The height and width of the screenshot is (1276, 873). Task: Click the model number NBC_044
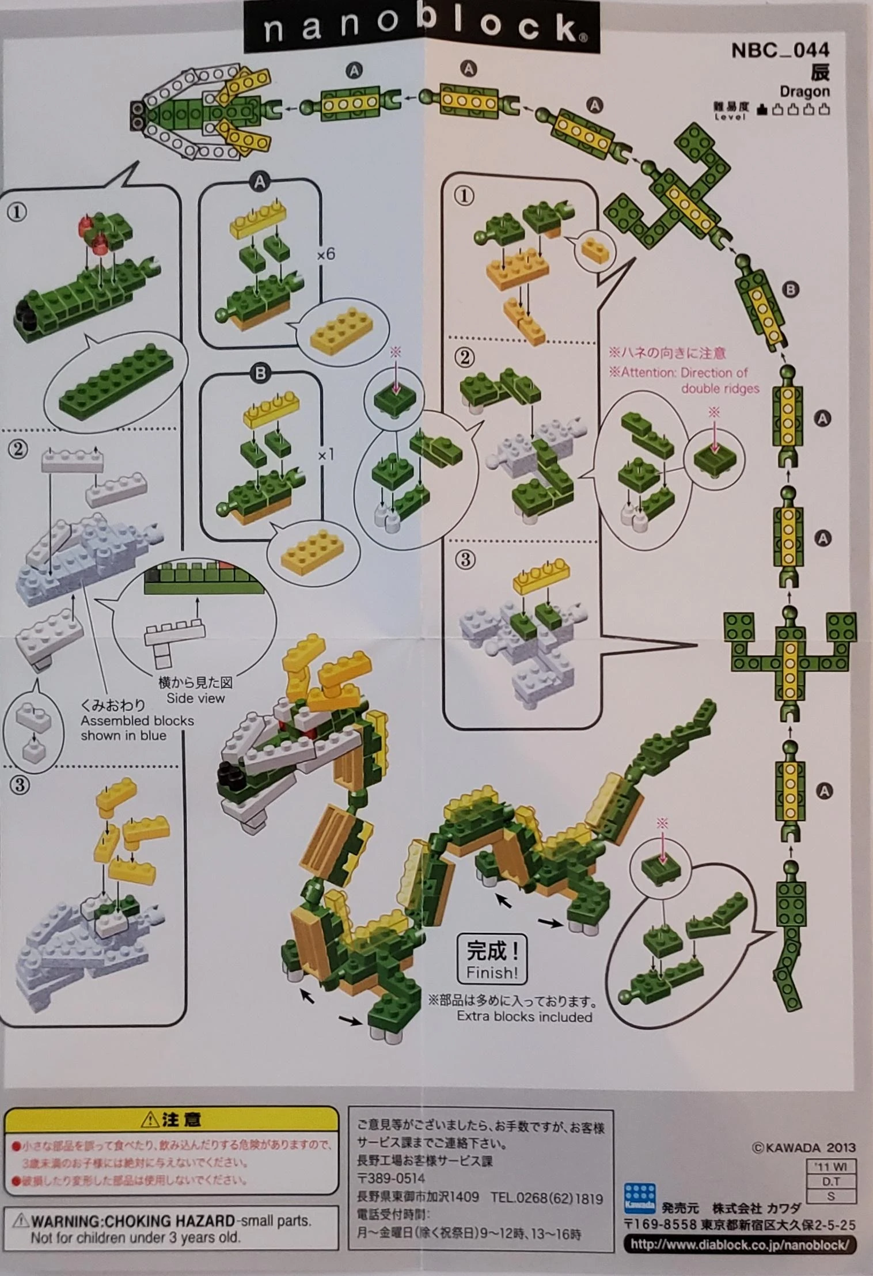(780, 51)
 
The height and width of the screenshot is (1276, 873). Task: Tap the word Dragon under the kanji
(804, 91)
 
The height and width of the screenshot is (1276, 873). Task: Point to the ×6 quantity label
(326, 253)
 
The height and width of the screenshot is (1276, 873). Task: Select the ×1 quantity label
(326, 455)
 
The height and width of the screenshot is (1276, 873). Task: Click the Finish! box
(492, 959)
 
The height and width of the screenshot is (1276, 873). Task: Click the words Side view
(196, 698)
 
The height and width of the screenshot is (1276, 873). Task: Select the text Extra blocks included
(524, 1017)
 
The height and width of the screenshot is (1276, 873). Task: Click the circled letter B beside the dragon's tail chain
(791, 290)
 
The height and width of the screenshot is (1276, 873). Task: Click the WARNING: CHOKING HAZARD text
(133, 1220)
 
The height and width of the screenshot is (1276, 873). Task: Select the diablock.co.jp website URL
(739, 1244)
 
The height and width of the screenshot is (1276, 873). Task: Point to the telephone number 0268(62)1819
(546, 1198)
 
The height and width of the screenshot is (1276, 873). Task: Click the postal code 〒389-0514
(391, 1178)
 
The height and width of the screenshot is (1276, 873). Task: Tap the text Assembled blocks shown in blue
(137, 728)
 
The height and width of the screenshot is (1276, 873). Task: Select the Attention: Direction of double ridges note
(684, 380)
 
